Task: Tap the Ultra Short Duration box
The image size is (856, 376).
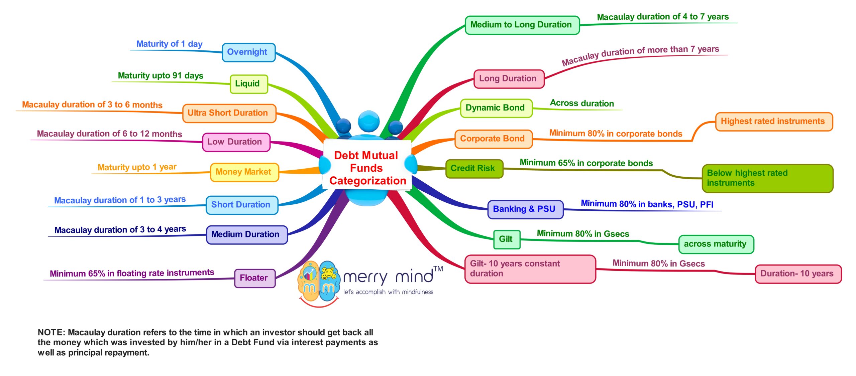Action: [229, 113]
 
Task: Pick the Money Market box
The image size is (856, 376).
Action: [244, 172]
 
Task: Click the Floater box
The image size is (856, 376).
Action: [254, 278]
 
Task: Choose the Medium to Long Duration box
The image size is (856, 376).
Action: [522, 25]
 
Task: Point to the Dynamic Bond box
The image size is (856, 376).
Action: [496, 108]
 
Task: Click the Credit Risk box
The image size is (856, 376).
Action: [473, 168]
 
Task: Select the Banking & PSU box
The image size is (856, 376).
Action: [525, 209]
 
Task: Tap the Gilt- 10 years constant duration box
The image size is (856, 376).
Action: [530, 269]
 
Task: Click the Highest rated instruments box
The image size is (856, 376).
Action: [773, 122]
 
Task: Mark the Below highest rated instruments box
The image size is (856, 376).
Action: [767, 178]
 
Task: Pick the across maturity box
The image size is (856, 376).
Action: [716, 244]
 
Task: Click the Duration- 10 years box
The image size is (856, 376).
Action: [797, 274]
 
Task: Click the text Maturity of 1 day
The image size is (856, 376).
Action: [169, 44]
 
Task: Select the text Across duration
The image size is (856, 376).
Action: [582, 103]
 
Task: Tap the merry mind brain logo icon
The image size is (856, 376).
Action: [318, 282]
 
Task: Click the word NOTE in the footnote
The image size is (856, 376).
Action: [50, 332]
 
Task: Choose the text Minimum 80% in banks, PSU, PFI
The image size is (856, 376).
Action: [647, 204]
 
